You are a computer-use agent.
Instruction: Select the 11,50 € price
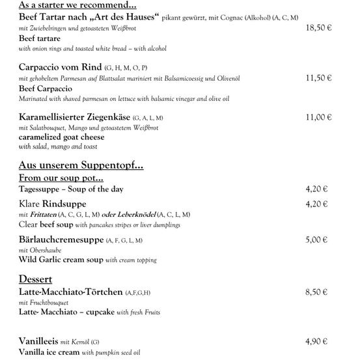[318, 77]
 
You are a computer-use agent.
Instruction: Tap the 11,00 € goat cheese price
[318, 117]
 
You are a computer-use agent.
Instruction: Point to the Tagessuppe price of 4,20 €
[316, 189]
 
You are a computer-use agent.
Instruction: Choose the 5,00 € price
[316, 240]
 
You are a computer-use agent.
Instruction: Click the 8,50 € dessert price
[316, 292]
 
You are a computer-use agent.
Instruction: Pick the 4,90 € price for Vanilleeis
[316, 341]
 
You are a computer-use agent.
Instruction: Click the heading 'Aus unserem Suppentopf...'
[81, 165]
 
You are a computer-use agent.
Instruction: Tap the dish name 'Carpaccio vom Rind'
[61, 67]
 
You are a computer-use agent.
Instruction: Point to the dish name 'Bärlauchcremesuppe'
[62, 240]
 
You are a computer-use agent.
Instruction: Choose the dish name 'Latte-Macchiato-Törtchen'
[71, 292]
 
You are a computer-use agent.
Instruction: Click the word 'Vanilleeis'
[39, 341]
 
